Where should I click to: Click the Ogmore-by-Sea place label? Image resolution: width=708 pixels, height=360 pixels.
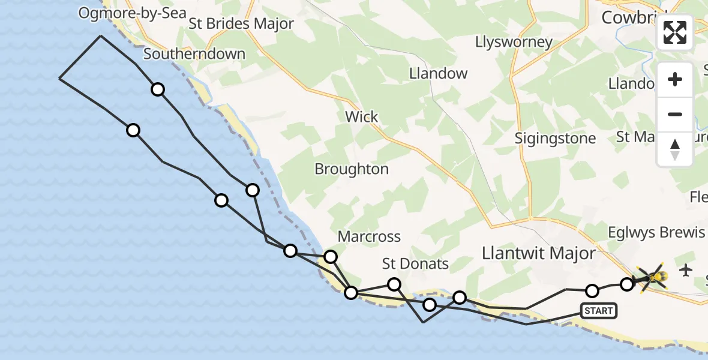133,14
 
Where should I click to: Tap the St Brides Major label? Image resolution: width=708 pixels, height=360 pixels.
241,24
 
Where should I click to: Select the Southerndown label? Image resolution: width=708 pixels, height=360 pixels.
194,54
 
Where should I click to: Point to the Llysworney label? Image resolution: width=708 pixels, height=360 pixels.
514,42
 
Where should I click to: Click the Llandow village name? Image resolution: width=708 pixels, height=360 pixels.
438,74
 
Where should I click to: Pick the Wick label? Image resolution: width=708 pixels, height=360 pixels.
362,116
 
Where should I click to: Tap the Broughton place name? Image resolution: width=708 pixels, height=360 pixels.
352,169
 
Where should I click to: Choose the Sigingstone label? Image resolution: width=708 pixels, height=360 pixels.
556,139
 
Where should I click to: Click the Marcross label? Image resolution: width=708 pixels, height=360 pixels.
369,237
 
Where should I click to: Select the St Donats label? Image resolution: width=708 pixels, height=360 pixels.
416,264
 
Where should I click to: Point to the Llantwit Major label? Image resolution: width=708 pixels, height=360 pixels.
538,253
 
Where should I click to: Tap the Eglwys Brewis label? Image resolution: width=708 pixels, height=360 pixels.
656,233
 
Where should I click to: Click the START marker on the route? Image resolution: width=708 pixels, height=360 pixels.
598,310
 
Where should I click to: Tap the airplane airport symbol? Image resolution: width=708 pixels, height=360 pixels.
686,271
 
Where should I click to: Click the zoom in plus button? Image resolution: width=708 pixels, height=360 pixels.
675,80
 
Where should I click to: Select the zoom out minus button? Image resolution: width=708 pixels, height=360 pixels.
675,114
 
